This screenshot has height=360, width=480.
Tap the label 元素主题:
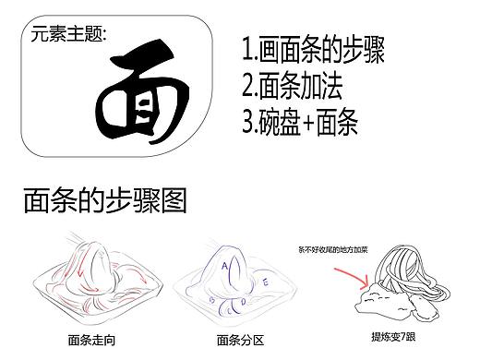[x=68, y=35]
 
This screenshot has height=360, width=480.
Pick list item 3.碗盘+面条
[x=300, y=122]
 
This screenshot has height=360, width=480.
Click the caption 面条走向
[x=92, y=338]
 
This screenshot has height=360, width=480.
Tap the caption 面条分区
[x=234, y=338]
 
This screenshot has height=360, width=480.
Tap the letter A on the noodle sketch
[x=224, y=263]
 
